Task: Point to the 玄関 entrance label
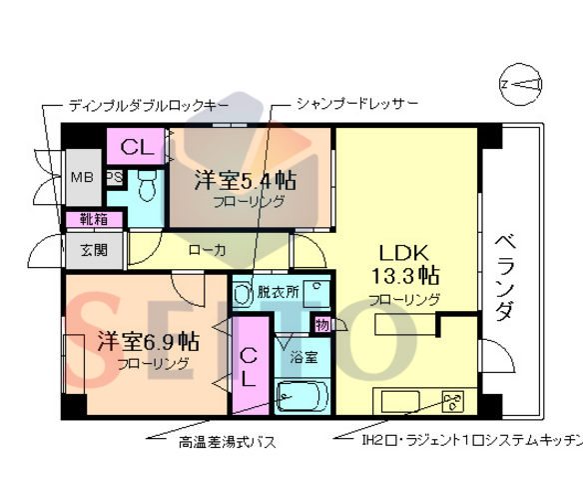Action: pos(82,249)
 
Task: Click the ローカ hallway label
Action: pos(207,249)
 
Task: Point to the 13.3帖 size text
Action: pos(404,274)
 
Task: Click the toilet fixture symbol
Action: pos(146,184)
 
